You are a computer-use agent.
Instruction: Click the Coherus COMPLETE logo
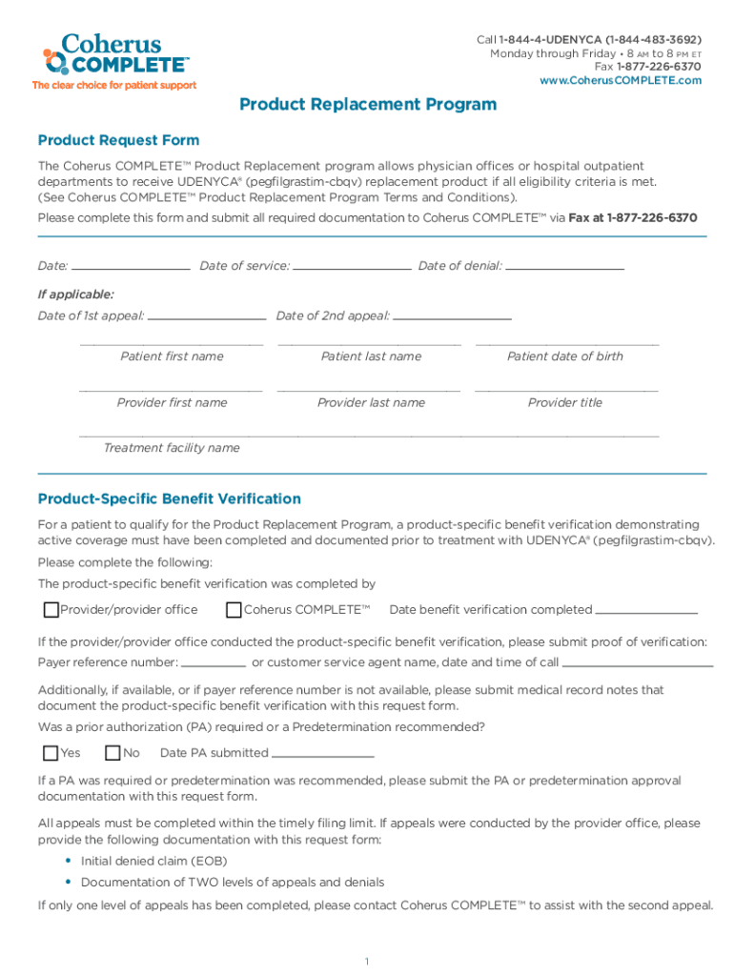114,56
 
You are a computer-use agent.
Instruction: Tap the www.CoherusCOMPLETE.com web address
621,80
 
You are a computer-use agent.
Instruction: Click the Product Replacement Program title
368,105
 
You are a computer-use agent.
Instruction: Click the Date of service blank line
352,267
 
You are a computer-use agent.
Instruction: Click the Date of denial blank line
564,267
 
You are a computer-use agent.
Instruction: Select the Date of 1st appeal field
207,316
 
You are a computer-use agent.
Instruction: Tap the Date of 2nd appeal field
451,316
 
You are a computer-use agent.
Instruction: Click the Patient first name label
172,356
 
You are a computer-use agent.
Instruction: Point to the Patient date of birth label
565,356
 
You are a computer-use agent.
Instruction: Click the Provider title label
565,402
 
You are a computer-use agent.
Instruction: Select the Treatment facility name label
172,448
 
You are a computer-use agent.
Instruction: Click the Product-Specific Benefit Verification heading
170,498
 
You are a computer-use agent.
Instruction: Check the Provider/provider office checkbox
51,610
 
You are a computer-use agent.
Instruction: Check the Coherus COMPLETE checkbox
234,610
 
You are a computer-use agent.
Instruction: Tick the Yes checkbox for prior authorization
51,753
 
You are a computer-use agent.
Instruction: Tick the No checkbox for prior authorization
112,753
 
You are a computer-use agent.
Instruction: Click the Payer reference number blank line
214,663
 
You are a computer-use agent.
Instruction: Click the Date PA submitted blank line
322,754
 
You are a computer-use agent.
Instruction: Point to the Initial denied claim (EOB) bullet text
147,861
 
